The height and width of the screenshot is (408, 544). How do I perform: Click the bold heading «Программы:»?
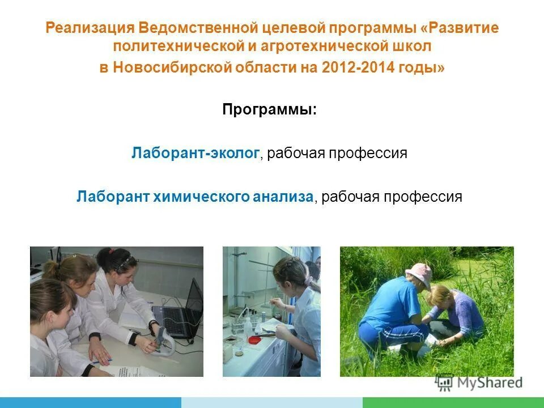[269, 109]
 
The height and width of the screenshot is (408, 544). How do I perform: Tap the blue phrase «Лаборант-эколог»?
[195, 153]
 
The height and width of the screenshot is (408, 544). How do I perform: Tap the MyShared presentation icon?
[444, 382]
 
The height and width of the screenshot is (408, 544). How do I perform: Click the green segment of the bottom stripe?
[453, 402]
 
